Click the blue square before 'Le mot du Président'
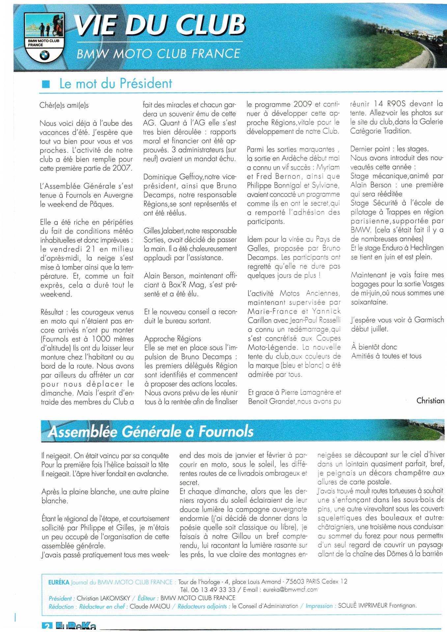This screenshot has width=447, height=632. [46, 84]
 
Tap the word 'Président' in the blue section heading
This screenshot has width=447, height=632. [146, 84]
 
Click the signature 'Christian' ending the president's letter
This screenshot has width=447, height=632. [430, 401]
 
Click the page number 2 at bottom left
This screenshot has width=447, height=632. [46, 627]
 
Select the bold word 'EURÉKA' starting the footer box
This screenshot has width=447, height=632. [59, 582]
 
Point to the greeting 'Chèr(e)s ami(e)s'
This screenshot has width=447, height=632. [64, 105]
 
